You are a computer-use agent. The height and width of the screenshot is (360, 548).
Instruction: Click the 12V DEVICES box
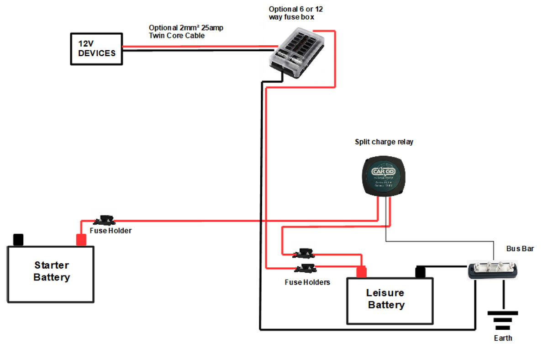pyautogui.click(x=96, y=48)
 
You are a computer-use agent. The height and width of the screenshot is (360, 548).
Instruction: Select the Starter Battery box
pyautogui.click(x=51, y=274)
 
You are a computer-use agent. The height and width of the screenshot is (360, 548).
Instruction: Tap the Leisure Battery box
pyautogui.click(x=389, y=301)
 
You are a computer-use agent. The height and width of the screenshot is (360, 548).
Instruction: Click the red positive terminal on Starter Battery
pyautogui.click(x=81, y=240)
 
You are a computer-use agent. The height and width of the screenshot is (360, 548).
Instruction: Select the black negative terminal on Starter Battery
pyautogui.click(x=18, y=240)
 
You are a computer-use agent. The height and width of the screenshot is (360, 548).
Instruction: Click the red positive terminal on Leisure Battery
pyautogui.click(x=362, y=272)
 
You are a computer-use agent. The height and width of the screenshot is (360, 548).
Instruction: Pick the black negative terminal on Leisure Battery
pyautogui.click(x=420, y=272)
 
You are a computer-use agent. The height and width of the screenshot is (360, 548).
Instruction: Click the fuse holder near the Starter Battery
pyautogui.click(x=108, y=220)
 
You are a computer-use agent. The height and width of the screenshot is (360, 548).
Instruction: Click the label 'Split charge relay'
pyautogui.click(x=384, y=142)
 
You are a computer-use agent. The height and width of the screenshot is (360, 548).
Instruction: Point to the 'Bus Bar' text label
pyautogui.click(x=520, y=249)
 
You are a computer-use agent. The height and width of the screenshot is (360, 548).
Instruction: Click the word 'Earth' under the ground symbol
pyautogui.click(x=503, y=338)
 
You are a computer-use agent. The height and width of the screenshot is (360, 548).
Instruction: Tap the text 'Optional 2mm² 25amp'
pyautogui.click(x=186, y=28)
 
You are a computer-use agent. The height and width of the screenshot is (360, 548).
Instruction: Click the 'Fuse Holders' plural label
pyautogui.click(x=307, y=282)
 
